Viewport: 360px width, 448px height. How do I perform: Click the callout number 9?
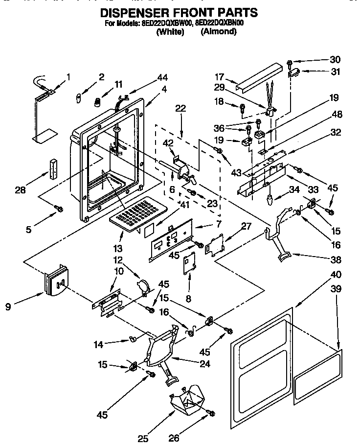pyautogui.click(x=8, y=307)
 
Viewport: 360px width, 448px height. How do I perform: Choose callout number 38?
pyautogui.click(x=336, y=259)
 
